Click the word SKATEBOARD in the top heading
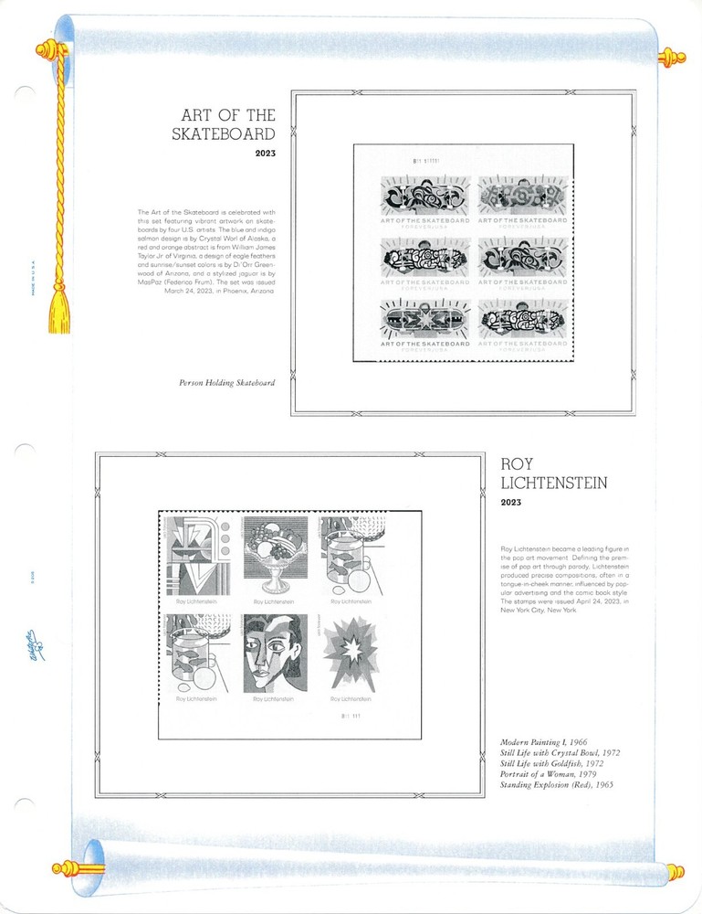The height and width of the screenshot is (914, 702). pos(224,134)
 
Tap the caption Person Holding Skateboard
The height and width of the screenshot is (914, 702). pos(226,383)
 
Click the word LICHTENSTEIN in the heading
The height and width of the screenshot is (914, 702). pos(554,483)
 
